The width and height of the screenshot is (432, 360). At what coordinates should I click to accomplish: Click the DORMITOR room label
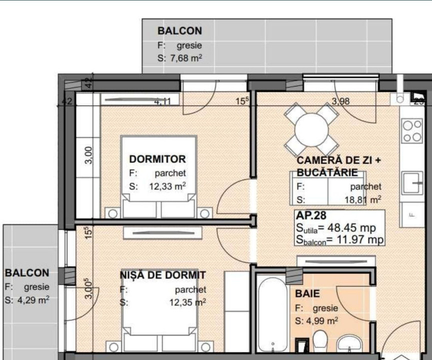pos(157,159)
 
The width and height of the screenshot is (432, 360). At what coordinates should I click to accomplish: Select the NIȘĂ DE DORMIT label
pos(162,275)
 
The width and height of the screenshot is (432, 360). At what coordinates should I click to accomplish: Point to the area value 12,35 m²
pos(187,302)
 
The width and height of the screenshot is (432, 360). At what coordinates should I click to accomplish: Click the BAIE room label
pos(307,294)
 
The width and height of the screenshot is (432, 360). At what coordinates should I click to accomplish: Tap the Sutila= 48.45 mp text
pos(335,228)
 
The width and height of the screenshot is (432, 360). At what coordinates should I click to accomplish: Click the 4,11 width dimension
pos(162,101)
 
